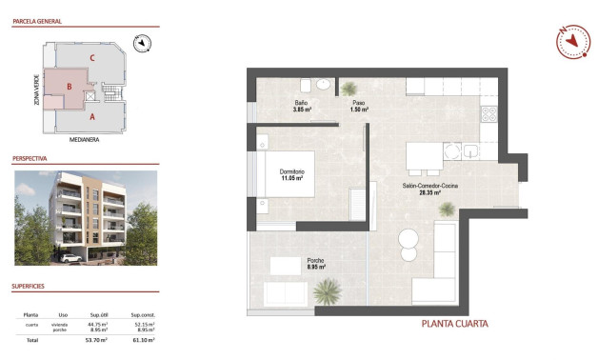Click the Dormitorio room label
point(290,172)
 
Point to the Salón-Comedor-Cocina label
point(430,186)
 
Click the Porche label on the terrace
point(316,261)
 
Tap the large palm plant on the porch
point(329,290)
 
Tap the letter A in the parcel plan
point(91,117)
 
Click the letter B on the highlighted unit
point(69,87)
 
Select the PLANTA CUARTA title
point(454,324)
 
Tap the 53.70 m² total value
point(97,339)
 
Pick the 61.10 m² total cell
point(144,339)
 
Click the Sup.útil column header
point(97,314)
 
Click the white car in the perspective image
point(69,257)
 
